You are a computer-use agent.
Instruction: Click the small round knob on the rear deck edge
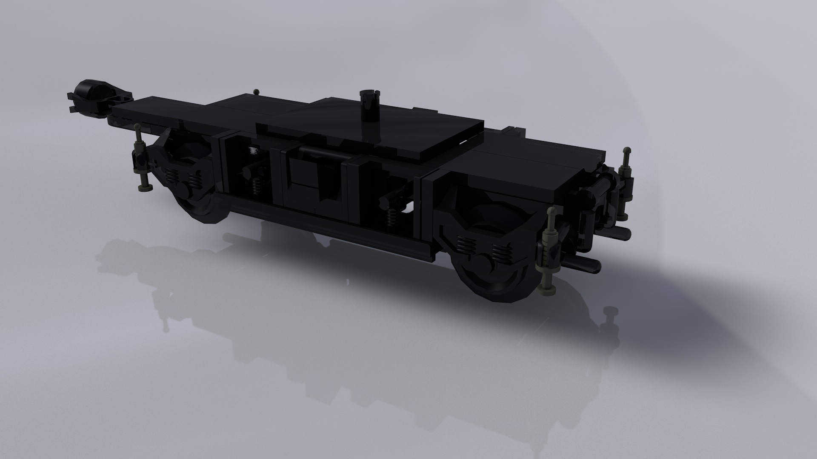[256, 91]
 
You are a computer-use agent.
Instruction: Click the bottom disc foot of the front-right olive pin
[548, 290]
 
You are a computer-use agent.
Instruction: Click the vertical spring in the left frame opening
[256, 184]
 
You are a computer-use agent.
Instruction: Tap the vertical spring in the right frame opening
[390, 218]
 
